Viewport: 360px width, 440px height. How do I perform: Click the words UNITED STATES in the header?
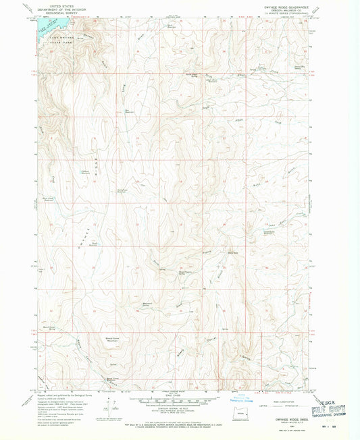[x=60, y=5]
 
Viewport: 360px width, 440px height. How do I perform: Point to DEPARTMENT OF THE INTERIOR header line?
[x=60, y=8]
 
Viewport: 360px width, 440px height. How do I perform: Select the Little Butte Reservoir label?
[x=268, y=233]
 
